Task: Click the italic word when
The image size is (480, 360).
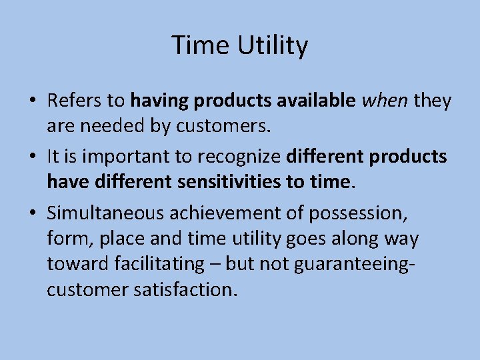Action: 385,101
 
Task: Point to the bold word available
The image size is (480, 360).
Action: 314,101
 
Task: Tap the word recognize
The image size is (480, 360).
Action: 241,156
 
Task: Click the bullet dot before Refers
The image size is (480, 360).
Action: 33,101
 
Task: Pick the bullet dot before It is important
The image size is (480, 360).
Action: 33,157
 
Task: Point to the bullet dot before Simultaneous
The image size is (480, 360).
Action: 33,213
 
